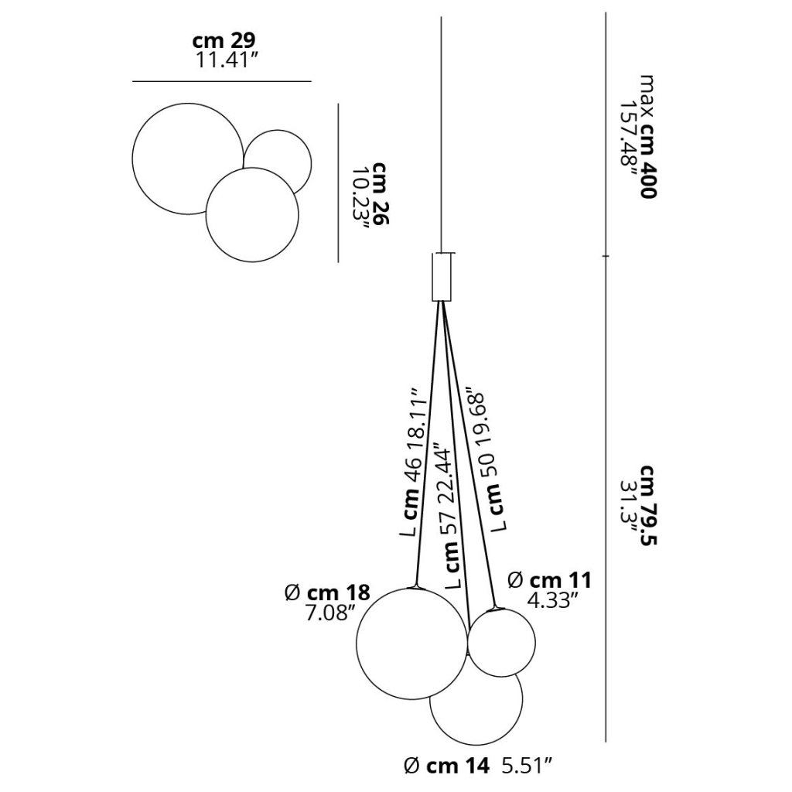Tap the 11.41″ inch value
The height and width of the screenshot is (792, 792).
[x=227, y=61]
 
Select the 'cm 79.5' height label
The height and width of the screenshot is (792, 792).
[x=647, y=506]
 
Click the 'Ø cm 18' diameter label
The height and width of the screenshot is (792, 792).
[x=327, y=594]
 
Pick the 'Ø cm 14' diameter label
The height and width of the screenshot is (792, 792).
[x=447, y=766]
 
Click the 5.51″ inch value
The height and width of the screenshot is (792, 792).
[x=527, y=766]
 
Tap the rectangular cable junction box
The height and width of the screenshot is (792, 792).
[x=441, y=275]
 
